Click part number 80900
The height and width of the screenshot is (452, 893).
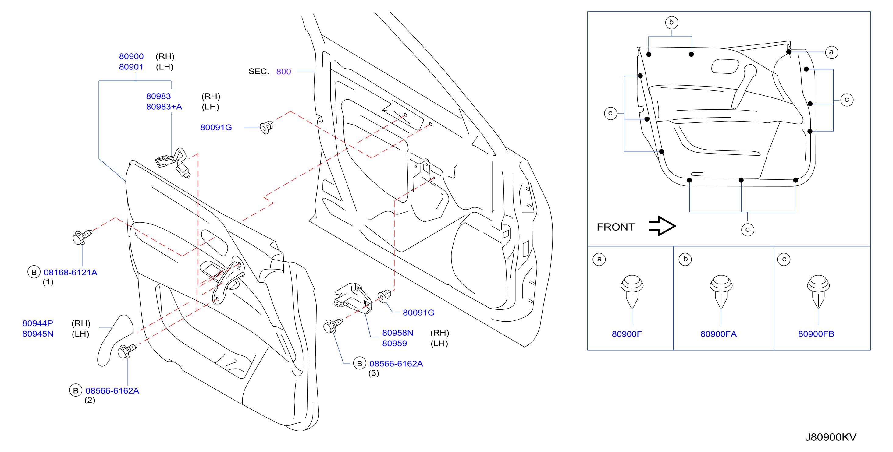point(131,56)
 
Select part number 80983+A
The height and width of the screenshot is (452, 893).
point(164,107)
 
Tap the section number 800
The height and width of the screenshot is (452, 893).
point(283,71)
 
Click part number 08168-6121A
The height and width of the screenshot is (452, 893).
point(70,273)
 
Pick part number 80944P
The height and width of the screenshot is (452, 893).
point(38,323)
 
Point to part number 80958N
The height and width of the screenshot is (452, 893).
point(398,333)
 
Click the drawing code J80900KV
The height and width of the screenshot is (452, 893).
point(831,437)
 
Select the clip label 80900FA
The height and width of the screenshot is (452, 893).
point(718,334)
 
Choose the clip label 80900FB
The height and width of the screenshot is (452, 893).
point(816,334)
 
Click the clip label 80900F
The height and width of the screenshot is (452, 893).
point(627,334)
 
